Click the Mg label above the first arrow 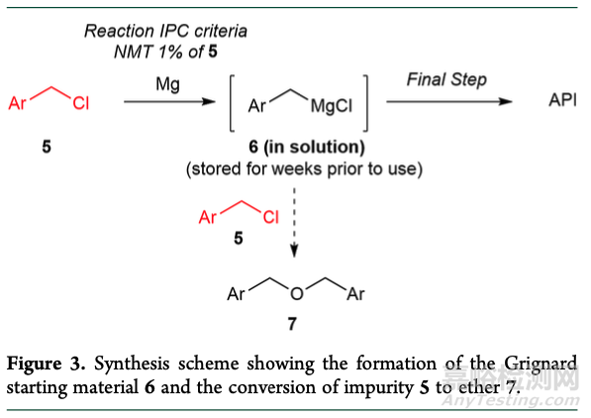point(167,84)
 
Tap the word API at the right point(562,100)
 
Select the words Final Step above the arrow point(446,79)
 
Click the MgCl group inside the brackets point(332,106)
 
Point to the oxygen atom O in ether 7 point(297,293)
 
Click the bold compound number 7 point(292,324)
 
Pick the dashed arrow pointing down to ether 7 point(294,223)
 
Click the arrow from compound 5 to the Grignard point(169,101)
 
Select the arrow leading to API point(449,101)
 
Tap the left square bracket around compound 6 point(231,103)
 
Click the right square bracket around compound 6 point(365,103)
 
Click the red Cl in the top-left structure point(81,103)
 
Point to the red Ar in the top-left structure point(18,103)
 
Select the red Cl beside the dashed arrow point(271,217)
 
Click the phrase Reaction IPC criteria point(166,31)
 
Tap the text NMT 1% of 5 point(166,52)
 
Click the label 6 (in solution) point(307,148)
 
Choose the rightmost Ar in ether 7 point(355,294)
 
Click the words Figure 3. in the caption point(46,365)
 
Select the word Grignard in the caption point(541,365)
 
